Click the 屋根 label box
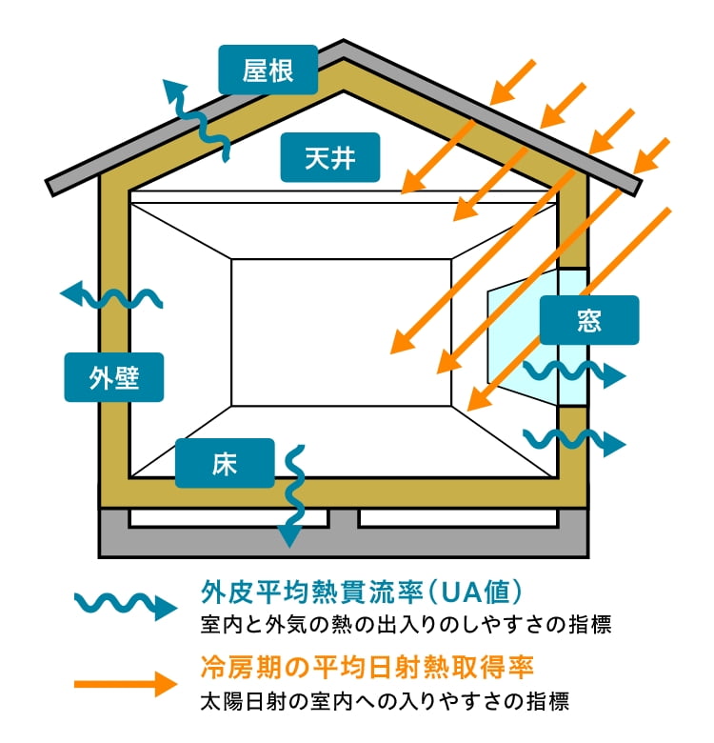268,70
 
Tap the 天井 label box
330,156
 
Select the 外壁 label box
114,377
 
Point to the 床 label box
225,463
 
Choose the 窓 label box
589,320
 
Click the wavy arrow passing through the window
572,373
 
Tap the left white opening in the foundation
228,517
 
